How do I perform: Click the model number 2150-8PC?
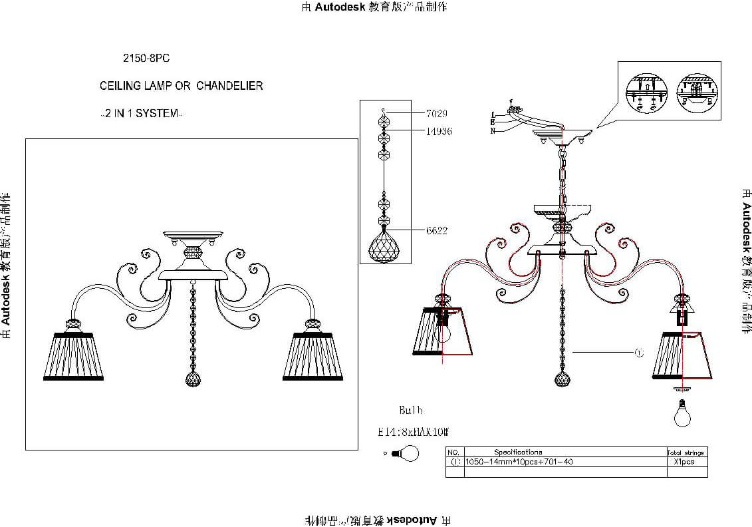point(146,59)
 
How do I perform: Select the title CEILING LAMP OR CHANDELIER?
point(181,86)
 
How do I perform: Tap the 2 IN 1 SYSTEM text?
point(140,114)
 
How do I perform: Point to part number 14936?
point(438,132)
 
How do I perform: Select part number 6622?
point(436,231)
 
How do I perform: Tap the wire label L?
point(493,114)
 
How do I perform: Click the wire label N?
point(493,131)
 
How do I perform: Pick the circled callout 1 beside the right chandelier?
point(639,353)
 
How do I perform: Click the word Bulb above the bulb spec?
point(410,410)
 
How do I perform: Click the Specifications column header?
point(518,452)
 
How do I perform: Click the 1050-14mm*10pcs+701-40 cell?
point(519,462)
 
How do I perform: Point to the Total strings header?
point(685,452)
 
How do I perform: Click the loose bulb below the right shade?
point(682,413)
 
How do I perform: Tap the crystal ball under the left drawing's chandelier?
point(192,380)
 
